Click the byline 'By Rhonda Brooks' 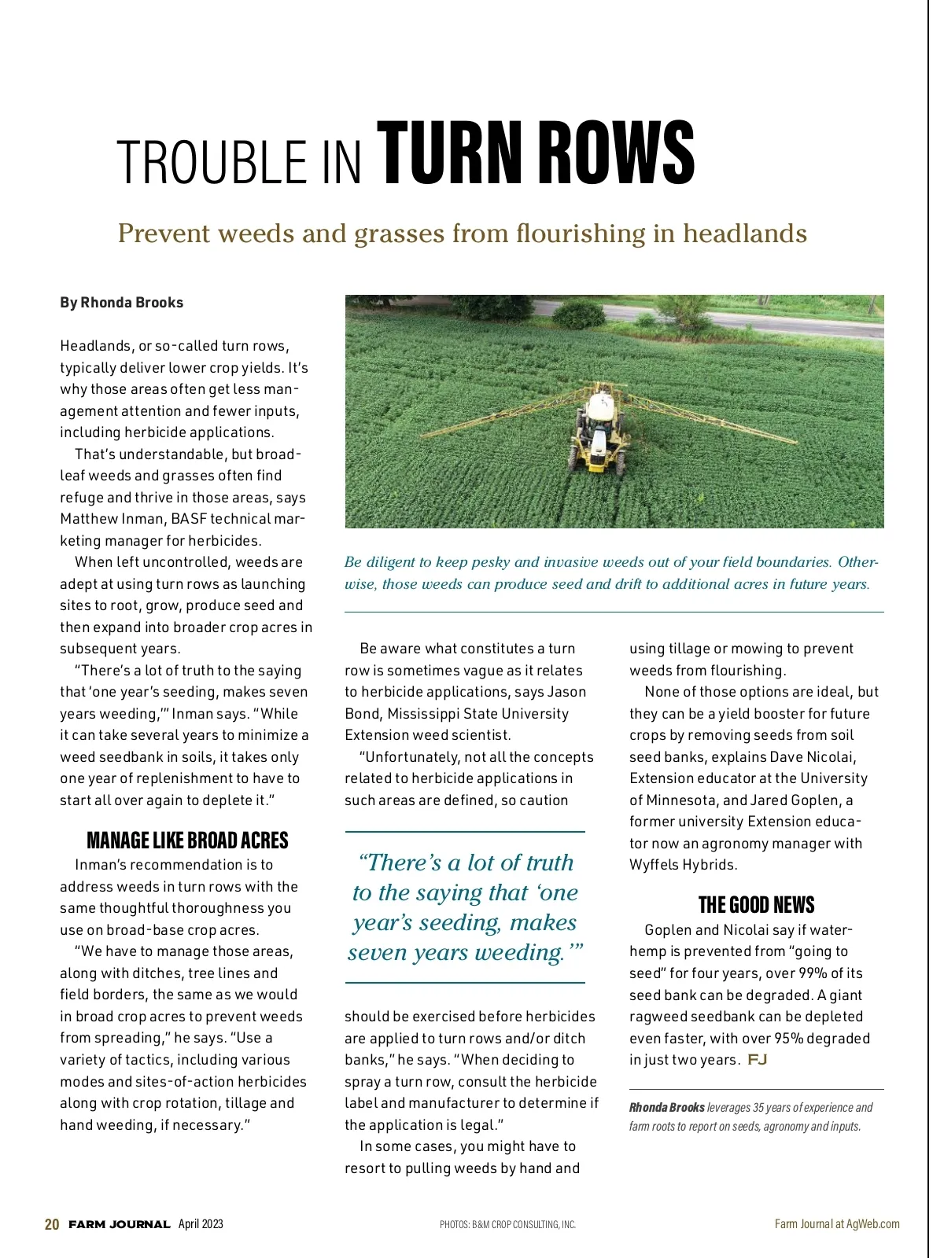coord(121,303)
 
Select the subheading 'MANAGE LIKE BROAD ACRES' coord(187,841)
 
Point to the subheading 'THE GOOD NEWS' coord(756,905)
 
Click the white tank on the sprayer coord(602,406)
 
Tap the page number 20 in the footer coord(52,1224)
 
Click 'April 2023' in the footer coord(201,1224)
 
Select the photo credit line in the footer coord(507,1225)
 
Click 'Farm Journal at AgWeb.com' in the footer coord(837,1224)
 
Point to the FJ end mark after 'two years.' coord(758,1059)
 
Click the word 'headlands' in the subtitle coord(744,234)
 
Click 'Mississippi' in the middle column coord(429,714)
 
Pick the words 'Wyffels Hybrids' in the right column coord(684,865)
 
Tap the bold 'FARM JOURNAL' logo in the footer coord(120,1225)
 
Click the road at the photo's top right coord(795,322)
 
